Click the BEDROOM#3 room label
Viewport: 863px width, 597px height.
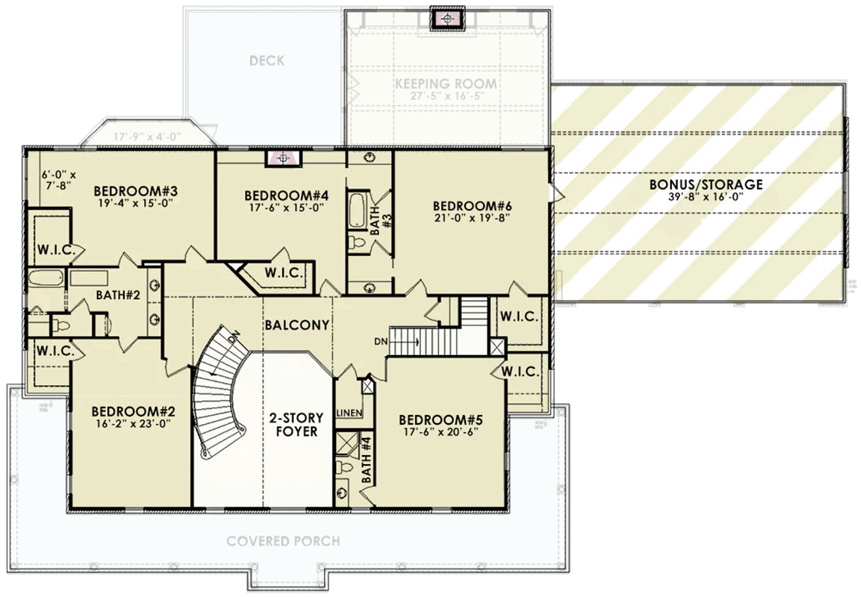131,188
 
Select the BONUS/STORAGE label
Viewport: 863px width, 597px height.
705,184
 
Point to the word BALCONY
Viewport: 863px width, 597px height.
296,325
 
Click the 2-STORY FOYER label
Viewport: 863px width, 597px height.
293,425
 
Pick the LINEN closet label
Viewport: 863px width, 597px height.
349,413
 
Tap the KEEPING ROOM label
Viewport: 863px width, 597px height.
446,84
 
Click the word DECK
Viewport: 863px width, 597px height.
267,60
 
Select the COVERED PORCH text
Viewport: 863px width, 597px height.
284,540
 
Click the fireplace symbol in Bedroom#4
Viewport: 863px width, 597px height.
283,158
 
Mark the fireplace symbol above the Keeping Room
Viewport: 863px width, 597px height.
446,19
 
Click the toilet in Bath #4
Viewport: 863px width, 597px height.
345,468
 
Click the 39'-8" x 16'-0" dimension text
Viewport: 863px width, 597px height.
705,197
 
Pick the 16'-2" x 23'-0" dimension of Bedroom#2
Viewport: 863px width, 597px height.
132,424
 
